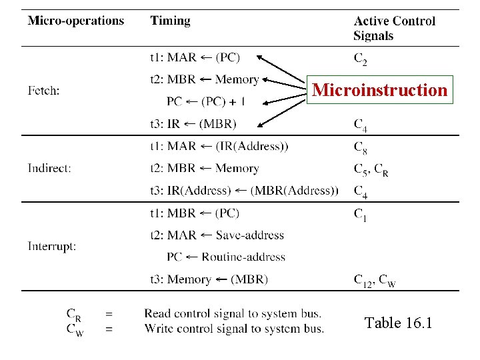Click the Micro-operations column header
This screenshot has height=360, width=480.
pyautogui.click(x=76, y=21)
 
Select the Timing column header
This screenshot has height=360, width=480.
pyautogui.click(x=170, y=21)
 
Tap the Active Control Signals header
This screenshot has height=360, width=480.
pyautogui.click(x=394, y=29)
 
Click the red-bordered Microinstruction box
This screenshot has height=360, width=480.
pyautogui.click(x=380, y=89)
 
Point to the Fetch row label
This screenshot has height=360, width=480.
pyautogui.click(x=44, y=90)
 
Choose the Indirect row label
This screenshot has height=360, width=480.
pyautogui.click(x=49, y=168)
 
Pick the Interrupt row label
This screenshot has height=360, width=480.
pyautogui.click(x=52, y=246)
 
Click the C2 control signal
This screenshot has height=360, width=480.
pyautogui.click(x=360, y=60)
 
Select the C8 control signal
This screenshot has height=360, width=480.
pyautogui.click(x=360, y=147)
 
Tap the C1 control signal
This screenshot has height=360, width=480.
pyautogui.click(x=360, y=214)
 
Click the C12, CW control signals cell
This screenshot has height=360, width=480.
pyautogui.click(x=375, y=281)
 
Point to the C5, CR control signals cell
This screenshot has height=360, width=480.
pyautogui.click(x=371, y=169)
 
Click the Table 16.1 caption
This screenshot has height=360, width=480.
pyautogui.click(x=399, y=323)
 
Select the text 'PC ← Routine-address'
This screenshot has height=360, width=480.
pyautogui.click(x=225, y=257)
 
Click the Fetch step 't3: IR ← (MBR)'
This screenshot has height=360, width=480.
pyautogui.click(x=193, y=123)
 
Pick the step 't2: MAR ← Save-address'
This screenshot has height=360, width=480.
pyautogui.click(x=217, y=235)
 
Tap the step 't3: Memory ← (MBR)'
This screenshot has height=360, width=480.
pyautogui.click(x=209, y=279)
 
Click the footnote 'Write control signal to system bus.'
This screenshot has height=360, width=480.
pyautogui.click(x=234, y=328)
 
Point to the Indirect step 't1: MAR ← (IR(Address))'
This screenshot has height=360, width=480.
pyautogui.click(x=219, y=146)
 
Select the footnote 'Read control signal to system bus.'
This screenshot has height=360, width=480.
pyautogui.click(x=233, y=313)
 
